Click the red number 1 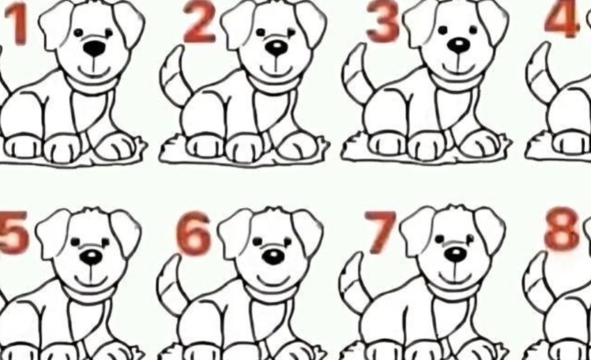click(18, 24)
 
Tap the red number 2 click(199, 22)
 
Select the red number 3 click(382, 21)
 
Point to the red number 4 click(562, 19)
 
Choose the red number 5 click(14, 232)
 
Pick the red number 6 click(194, 233)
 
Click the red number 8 click(561, 229)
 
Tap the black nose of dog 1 click(94, 48)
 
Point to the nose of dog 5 click(91, 257)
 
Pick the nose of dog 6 click(273, 257)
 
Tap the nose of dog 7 click(455, 254)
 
